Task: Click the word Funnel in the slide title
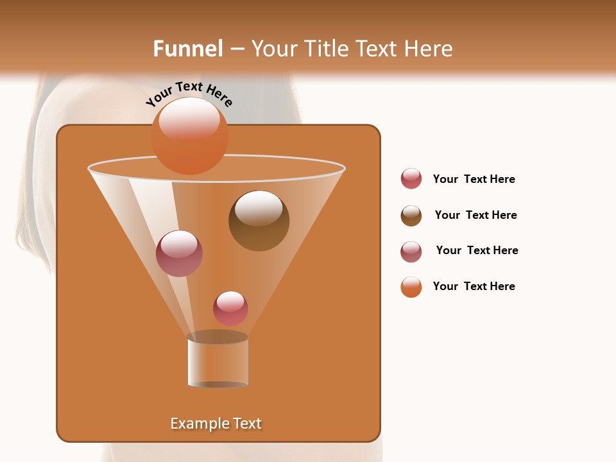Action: coord(187,49)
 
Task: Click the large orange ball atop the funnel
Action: coord(189,136)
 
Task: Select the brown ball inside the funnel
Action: coord(259,221)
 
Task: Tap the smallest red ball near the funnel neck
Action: coord(230,308)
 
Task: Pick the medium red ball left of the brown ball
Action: coord(179,253)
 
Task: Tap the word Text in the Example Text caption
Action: coord(246,424)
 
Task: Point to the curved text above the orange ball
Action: coord(189,94)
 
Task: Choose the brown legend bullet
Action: coord(411,216)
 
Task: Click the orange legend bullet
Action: coord(411,287)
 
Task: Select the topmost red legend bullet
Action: coord(411,179)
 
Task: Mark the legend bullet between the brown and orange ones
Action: coord(411,252)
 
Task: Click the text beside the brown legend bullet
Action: coord(475,215)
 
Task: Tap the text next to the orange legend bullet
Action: coord(474,286)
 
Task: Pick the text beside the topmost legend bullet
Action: coord(474,179)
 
